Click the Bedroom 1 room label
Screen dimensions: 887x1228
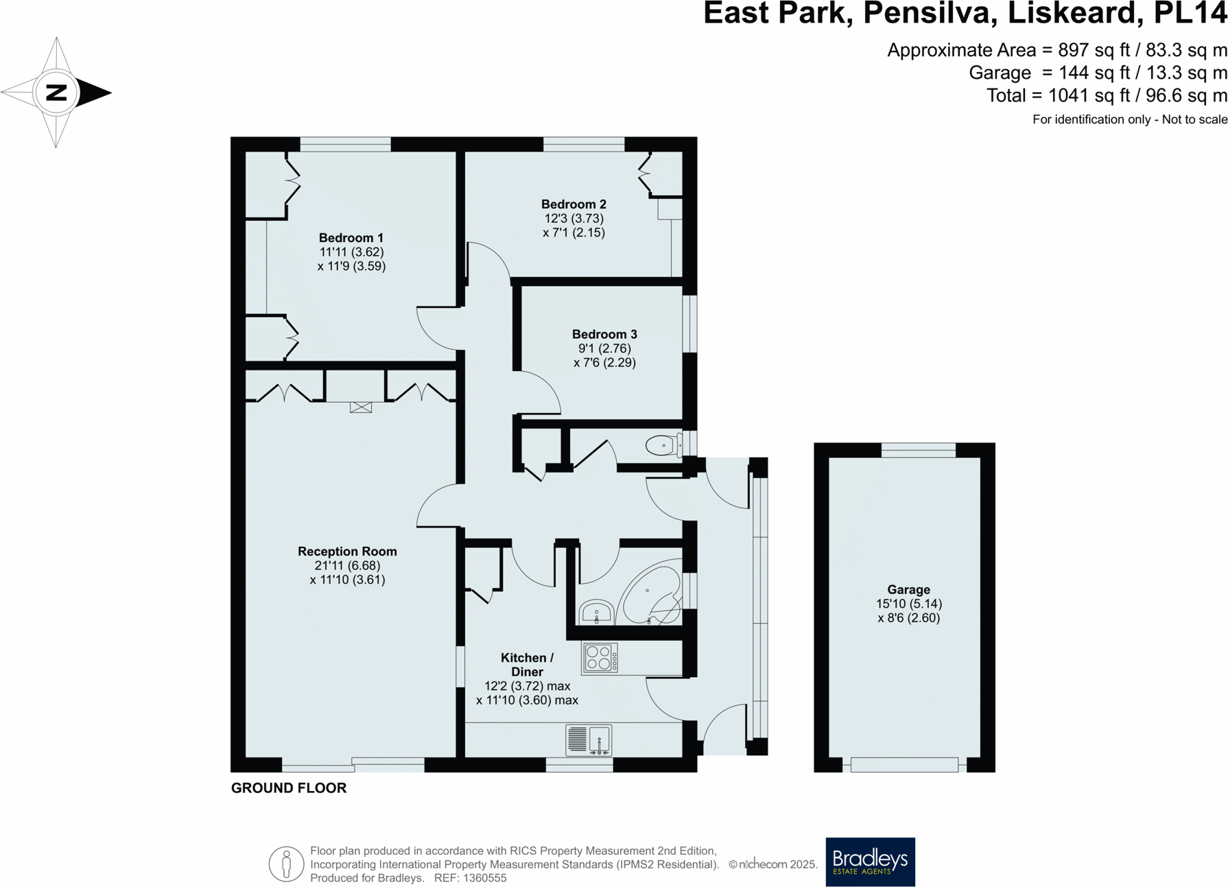351,238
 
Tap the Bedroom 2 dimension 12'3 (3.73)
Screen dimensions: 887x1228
574,218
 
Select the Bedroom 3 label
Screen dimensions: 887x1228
604,334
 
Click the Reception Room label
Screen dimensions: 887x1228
347,552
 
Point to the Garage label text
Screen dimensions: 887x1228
908,589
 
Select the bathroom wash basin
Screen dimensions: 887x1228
595,611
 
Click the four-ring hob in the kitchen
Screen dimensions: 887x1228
600,657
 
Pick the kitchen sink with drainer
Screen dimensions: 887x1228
589,740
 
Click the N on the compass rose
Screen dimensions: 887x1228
56,92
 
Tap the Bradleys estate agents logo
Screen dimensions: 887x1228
870,862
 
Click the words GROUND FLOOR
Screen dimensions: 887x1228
289,788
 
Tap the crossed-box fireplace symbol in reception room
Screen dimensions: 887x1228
361,407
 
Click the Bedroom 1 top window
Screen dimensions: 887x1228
345,144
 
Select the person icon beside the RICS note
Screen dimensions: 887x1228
286,864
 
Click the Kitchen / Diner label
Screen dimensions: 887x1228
527,665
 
